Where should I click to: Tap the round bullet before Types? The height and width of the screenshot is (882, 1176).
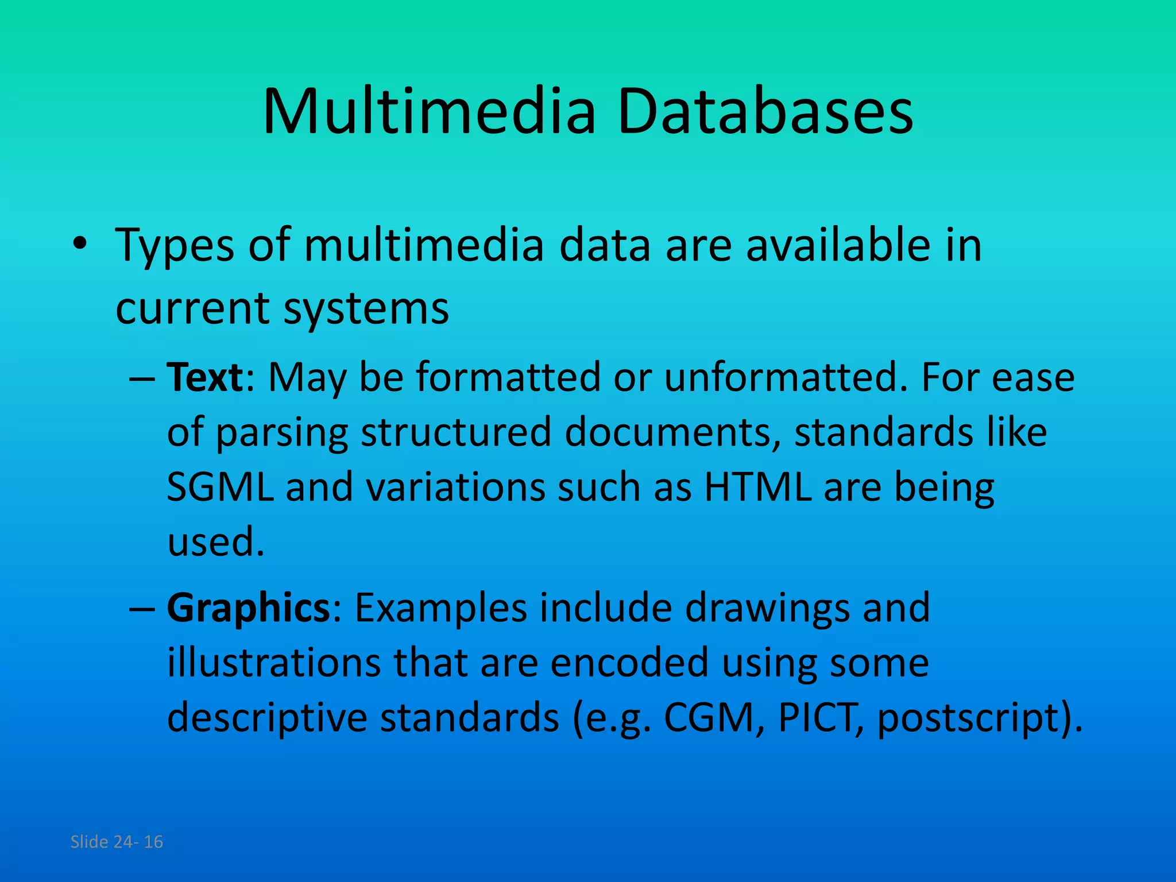[80, 243]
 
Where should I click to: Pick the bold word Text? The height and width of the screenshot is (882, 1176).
[205, 377]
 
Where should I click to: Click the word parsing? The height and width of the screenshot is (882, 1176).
[282, 434]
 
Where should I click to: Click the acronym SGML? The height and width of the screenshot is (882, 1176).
[220, 488]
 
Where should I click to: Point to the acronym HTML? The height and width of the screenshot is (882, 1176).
[757, 488]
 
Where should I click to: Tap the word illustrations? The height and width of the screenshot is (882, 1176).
[273, 663]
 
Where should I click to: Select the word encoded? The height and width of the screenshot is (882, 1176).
[629, 663]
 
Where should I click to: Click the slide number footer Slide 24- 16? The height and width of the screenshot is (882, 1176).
[117, 842]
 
